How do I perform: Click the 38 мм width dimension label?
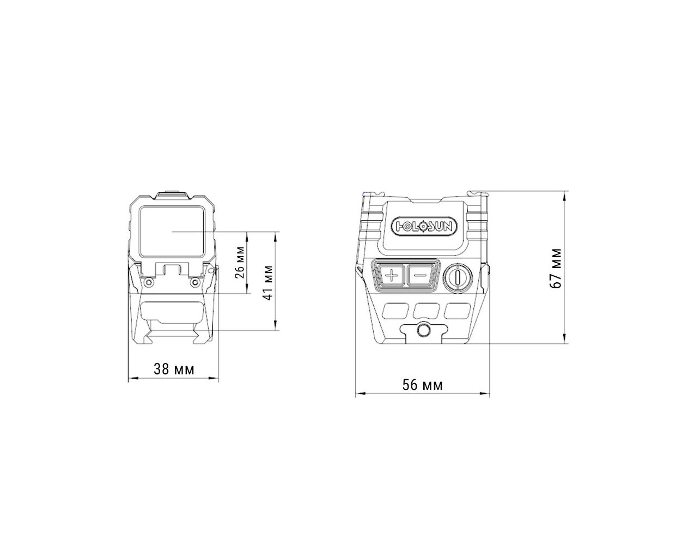click(174, 369)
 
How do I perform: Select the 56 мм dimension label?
click(422, 385)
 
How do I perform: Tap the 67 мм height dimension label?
click(555, 268)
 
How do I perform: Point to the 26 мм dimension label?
click(240, 263)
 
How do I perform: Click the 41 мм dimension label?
click(269, 283)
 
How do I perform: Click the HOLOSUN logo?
click(424, 227)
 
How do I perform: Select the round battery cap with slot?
click(458, 277)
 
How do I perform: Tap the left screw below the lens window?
click(148, 282)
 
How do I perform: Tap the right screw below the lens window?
click(195, 282)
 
